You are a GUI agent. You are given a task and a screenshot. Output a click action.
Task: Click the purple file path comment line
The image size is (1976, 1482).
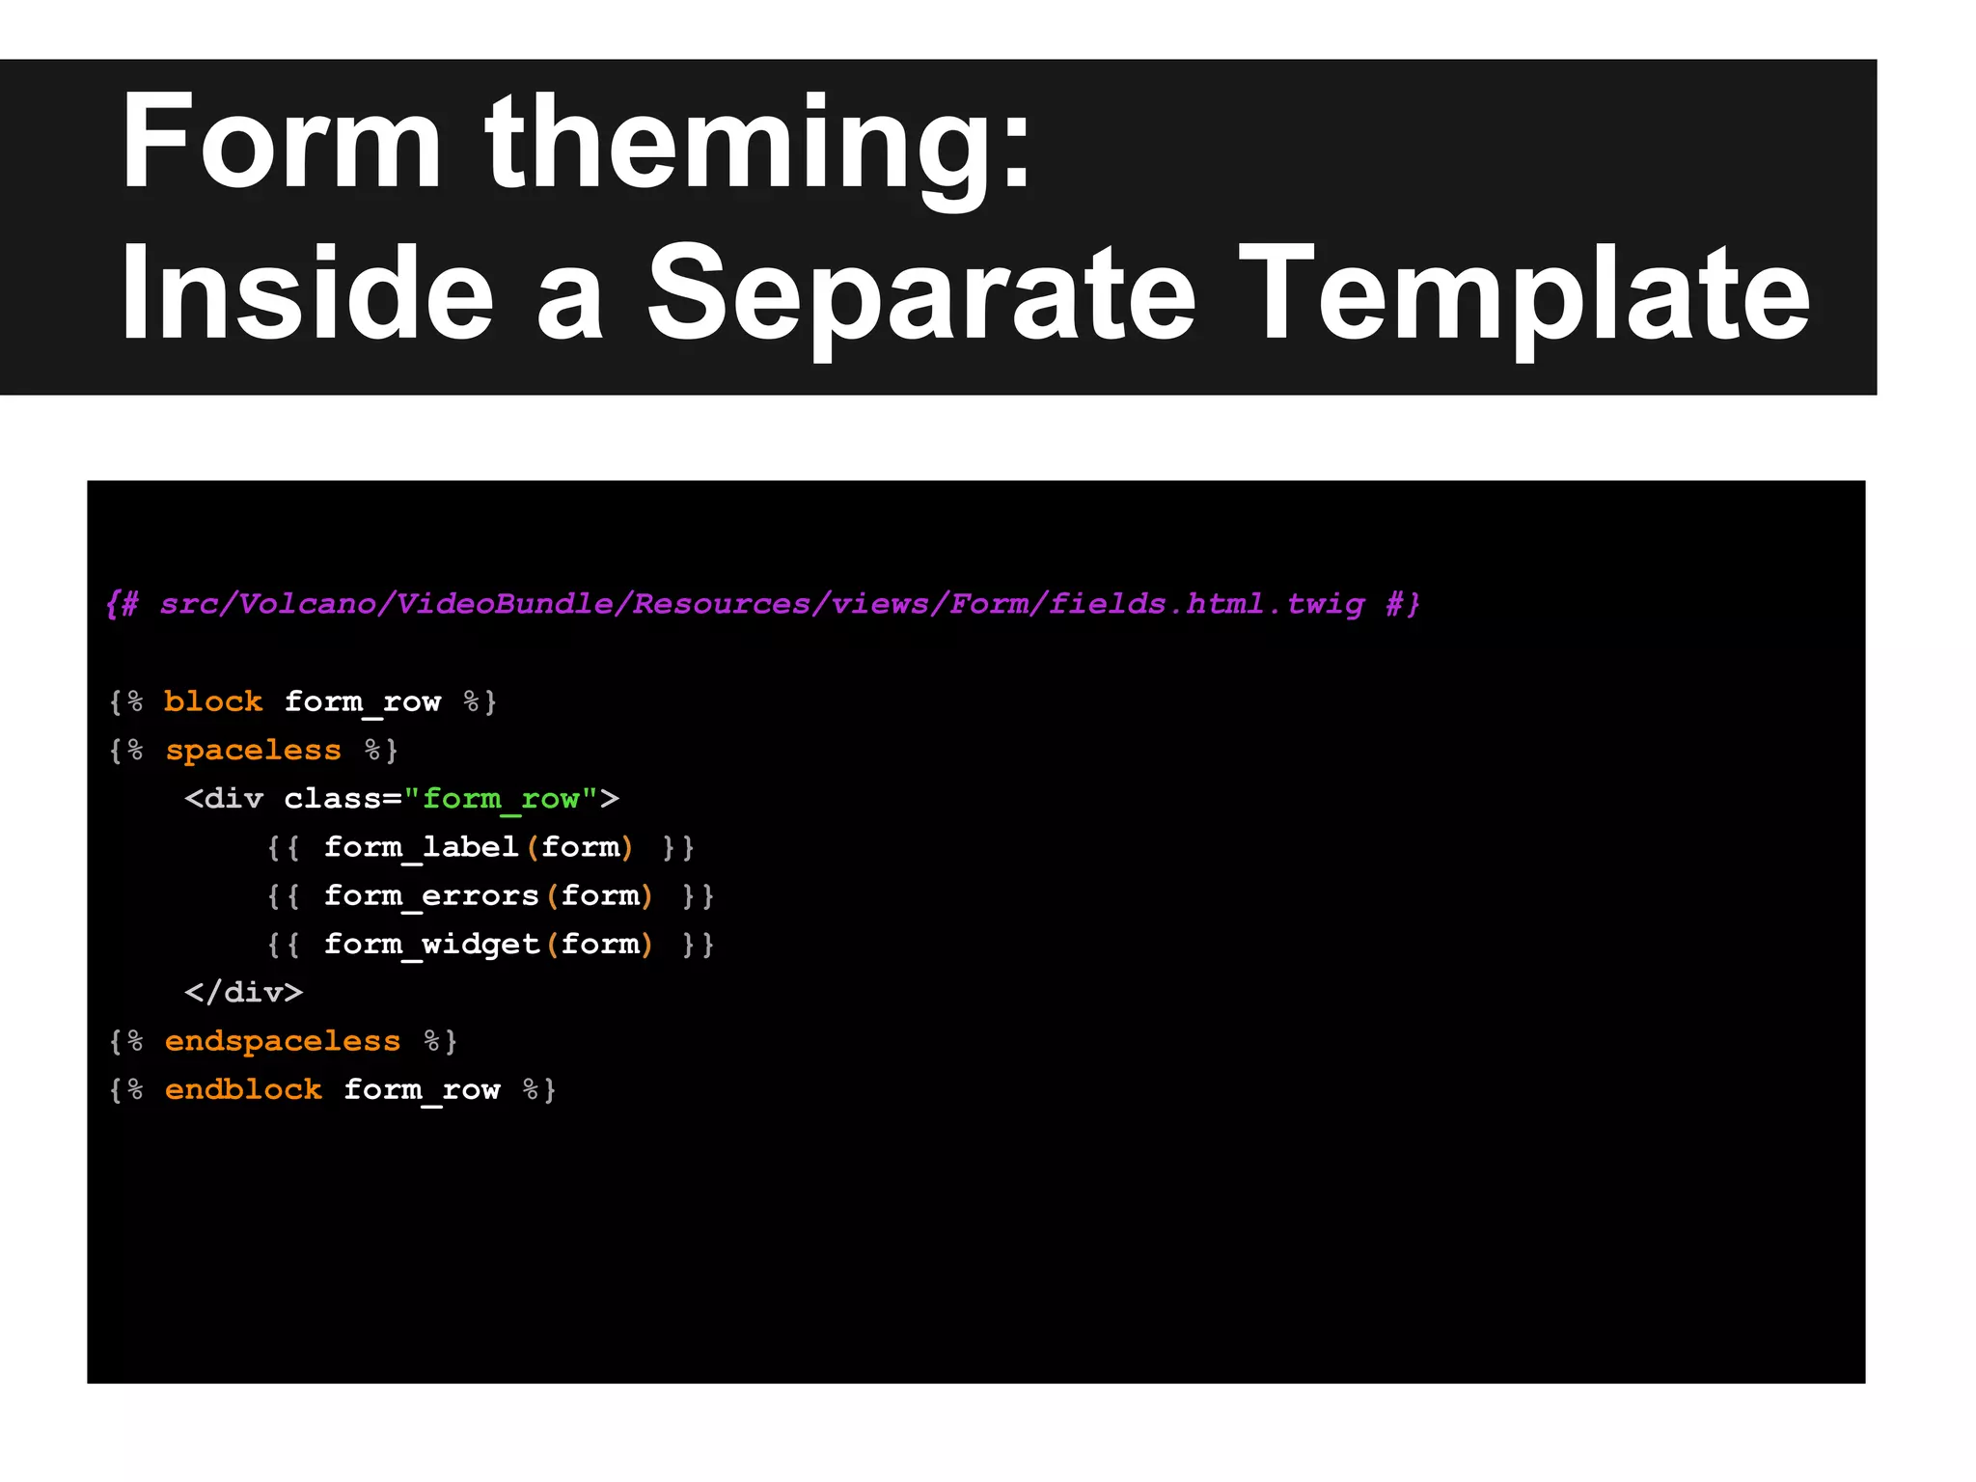762,604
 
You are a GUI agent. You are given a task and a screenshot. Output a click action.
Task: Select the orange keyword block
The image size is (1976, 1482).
213,701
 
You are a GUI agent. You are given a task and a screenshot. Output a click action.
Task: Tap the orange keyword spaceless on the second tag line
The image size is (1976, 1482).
253,750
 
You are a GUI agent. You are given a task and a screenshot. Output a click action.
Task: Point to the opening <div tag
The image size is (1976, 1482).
224,799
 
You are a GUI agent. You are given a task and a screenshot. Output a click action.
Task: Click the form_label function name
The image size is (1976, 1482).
422,847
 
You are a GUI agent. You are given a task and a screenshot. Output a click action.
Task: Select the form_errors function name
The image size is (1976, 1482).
431,895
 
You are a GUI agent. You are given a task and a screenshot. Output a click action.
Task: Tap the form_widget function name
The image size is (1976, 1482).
431,944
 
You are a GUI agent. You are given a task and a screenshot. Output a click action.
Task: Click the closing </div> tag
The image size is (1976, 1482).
244,992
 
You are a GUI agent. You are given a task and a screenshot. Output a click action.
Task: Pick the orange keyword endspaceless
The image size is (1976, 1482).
283,1041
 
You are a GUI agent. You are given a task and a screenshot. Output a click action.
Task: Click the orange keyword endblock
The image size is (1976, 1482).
243,1089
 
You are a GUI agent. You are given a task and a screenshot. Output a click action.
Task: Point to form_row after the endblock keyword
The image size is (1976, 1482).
422,1090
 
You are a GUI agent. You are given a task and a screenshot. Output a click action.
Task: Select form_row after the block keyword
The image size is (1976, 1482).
363,702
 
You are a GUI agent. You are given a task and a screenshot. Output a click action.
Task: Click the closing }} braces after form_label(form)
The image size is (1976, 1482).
678,847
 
